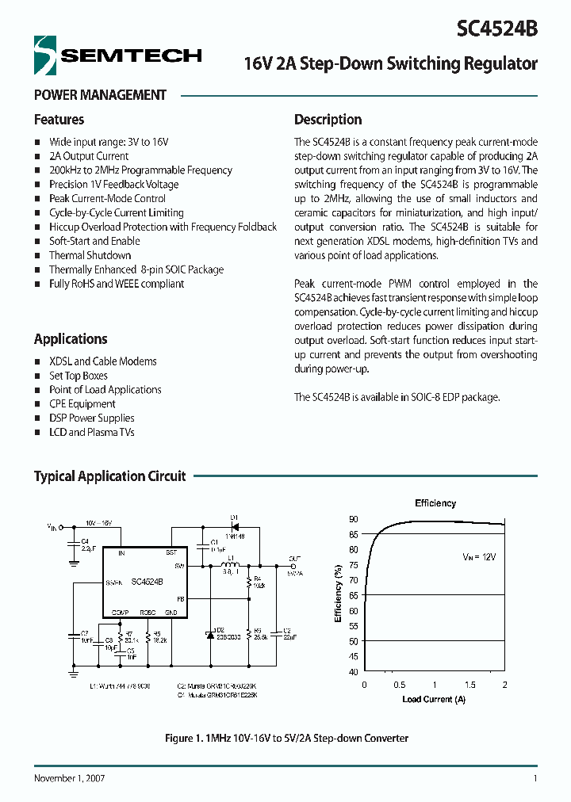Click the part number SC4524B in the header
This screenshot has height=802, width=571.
pyautogui.click(x=497, y=29)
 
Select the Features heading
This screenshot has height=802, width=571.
pyautogui.click(x=59, y=120)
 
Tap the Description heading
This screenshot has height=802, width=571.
pyautogui.click(x=328, y=120)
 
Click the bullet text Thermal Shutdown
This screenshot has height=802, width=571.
pyautogui.click(x=90, y=255)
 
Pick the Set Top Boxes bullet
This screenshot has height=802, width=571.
pyautogui.click(x=78, y=376)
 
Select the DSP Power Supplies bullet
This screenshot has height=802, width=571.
pyautogui.click(x=91, y=418)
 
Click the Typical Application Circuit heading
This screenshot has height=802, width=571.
pyautogui.click(x=109, y=476)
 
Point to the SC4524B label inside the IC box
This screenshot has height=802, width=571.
pyautogui.click(x=147, y=581)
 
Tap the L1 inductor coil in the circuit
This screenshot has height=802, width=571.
pyautogui.click(x=231, y=565)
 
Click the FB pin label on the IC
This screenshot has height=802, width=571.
pyautogui.click(x=181, y=599)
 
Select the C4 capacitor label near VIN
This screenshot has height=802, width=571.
pyautogui.click(x=85, y=540)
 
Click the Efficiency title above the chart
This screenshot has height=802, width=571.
pyautogui.click(x=435, y=503)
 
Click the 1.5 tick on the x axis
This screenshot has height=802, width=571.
pyautogui.click(x=469, y=685)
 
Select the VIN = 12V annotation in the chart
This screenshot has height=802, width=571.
pyautogui.click(x=479, y=558)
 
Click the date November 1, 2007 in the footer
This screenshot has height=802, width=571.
pyautogui.click(x=70, y=778)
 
